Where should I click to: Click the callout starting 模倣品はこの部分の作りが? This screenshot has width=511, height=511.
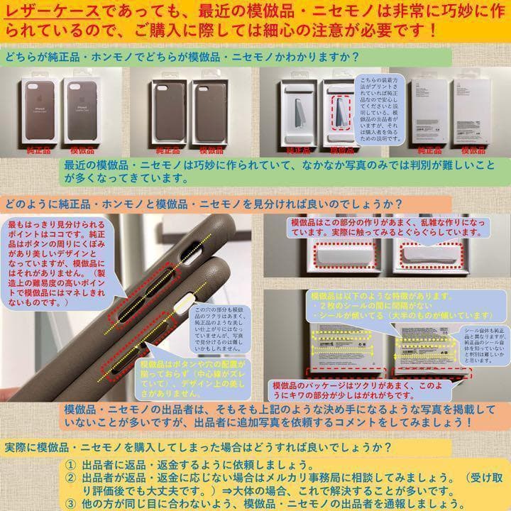tap(387, 227)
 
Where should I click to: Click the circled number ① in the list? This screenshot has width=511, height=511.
tap(69, 464)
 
